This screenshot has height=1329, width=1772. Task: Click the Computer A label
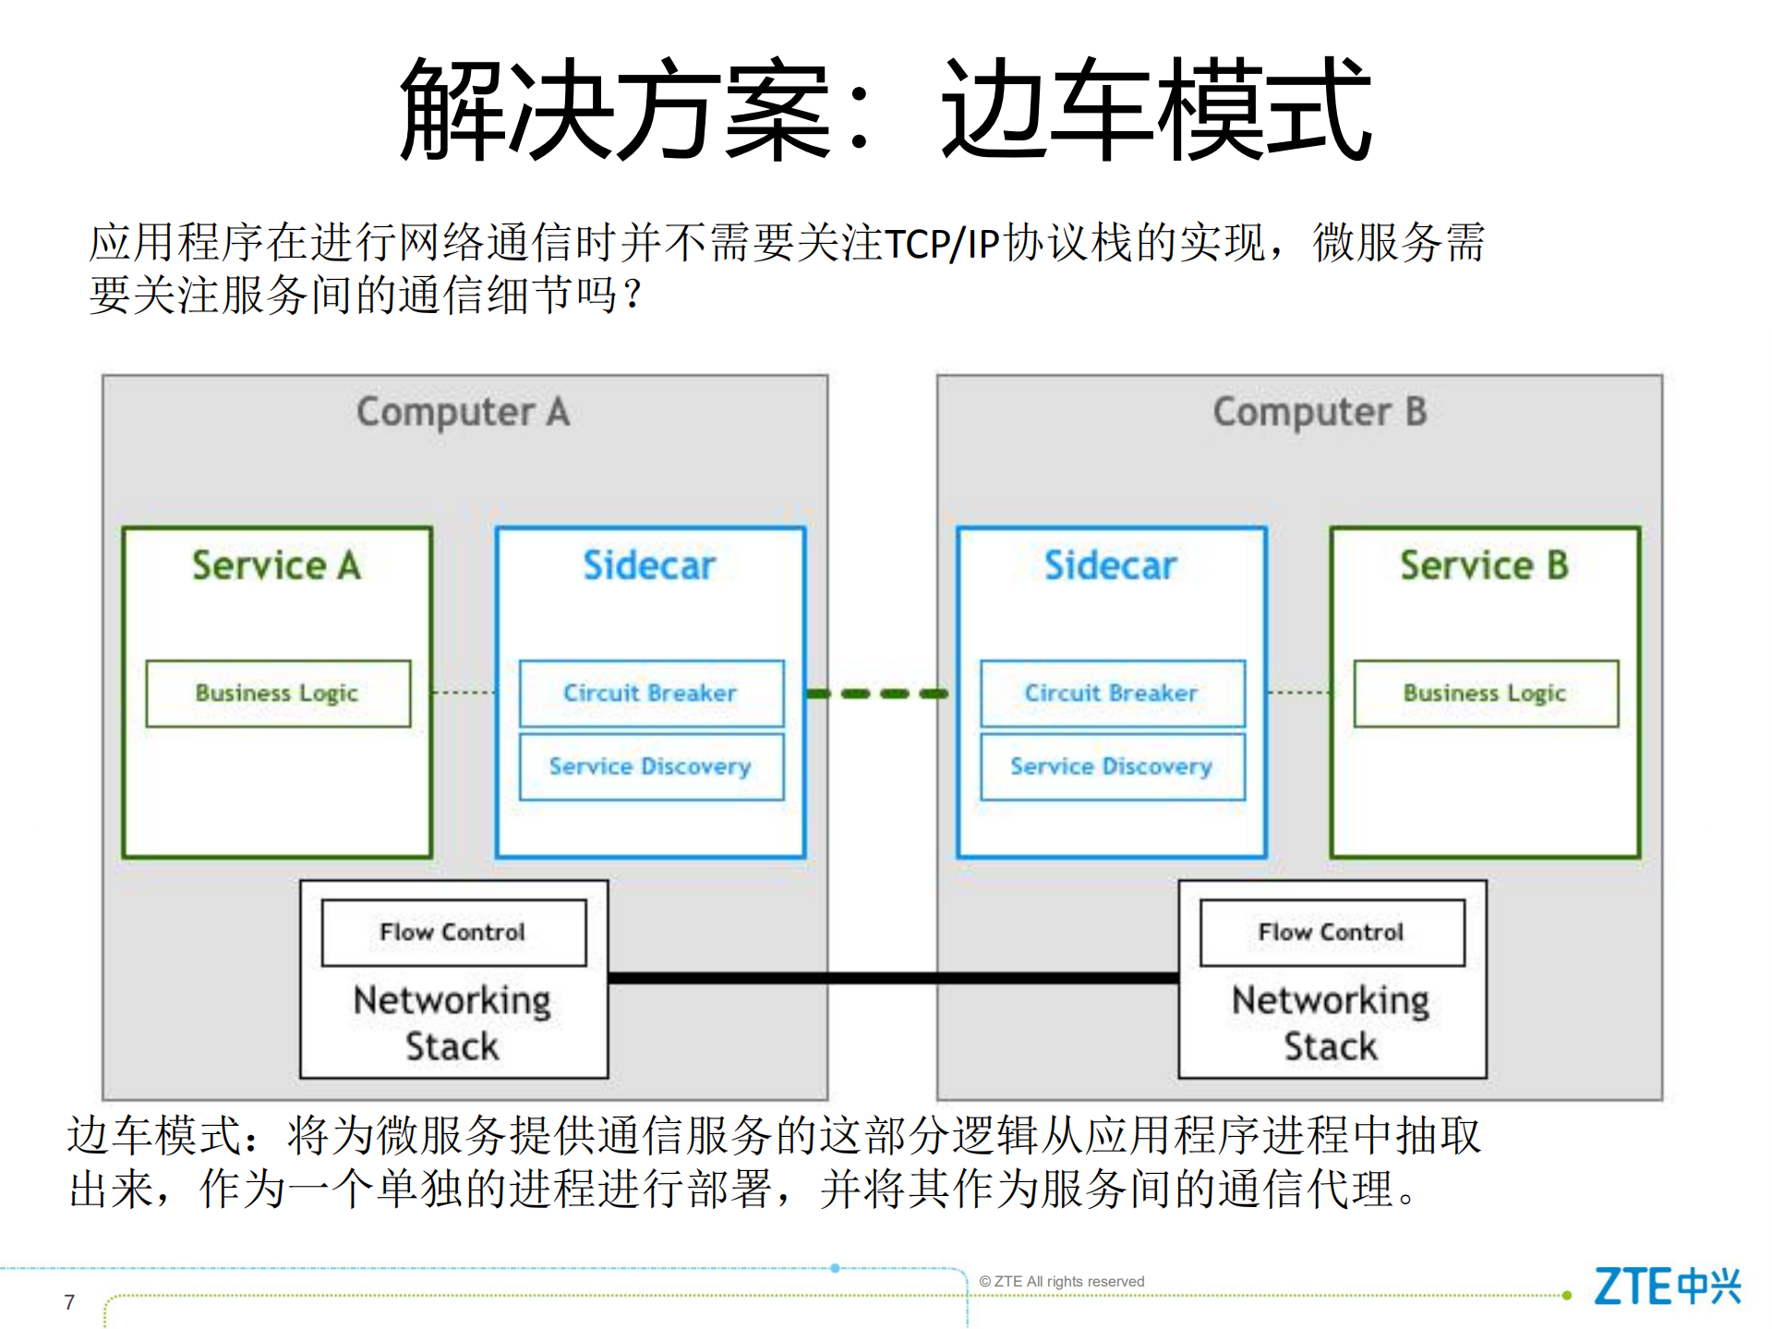click(x=463, y=412)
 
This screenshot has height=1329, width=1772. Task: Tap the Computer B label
click(x=1319, y=412)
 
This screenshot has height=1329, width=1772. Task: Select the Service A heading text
click(x=276, y=565)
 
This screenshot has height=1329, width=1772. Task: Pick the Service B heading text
click(x=1484, y=565)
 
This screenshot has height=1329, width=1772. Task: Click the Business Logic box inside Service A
click(x=277, y=694)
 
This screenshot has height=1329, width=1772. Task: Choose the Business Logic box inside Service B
click(x=1485, y=694)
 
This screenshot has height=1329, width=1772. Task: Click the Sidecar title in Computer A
click(x=649, y=565)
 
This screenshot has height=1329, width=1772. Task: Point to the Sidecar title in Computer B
click(x=1110, y=565)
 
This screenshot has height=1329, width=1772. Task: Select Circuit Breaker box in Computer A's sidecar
click(x=650, y=694)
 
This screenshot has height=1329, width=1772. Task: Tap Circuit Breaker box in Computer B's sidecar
click(x=1111, y=694)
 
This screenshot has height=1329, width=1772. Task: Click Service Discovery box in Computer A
click(x=650, y=767)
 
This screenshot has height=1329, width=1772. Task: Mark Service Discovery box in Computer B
click(x=1111, y=767)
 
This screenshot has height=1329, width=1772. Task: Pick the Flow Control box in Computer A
click(x=452, y=933)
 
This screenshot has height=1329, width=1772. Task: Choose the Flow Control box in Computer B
click(x=1331, y=933)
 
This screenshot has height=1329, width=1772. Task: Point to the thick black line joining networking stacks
click(x=892, y=978)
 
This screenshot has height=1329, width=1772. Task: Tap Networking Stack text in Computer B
click(x=1331, y=1023)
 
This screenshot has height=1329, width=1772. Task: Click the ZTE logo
click(x=1666, y=1286)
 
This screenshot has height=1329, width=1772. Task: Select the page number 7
click(x=69, y=1302)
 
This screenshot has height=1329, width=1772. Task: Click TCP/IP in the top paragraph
click(x=942, y=245)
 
